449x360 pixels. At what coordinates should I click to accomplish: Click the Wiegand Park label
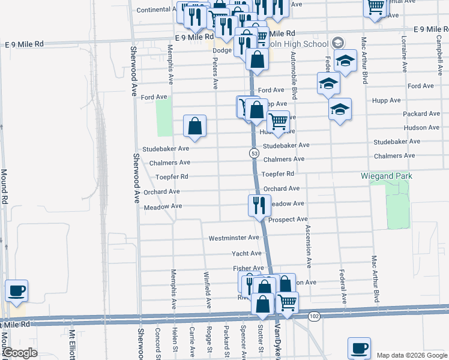point(386,176)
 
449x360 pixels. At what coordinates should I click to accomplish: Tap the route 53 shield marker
point(255,154)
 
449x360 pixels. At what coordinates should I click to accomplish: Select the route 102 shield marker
point(316,316)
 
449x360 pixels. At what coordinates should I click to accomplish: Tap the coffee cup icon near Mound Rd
point(16,291)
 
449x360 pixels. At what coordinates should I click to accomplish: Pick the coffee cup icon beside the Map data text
point(360,348)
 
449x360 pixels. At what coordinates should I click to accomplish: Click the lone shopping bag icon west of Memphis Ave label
point(195,126)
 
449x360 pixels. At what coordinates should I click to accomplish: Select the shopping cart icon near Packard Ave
point(278,122)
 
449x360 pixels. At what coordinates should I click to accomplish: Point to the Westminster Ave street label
point(234,238)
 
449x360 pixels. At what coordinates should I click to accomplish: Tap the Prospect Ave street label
point(288,220)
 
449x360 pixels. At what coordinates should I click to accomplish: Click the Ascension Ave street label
point(309,246)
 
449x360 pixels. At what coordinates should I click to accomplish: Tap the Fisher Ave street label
point(248,268)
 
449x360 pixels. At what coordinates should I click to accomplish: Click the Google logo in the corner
point(19,353)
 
